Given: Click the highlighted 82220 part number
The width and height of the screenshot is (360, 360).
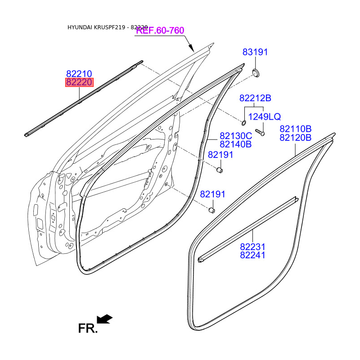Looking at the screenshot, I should point(79,82).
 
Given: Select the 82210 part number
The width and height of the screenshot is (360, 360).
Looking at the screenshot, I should point(79,74).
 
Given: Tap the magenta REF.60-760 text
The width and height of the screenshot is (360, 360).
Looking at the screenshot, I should point(160,31).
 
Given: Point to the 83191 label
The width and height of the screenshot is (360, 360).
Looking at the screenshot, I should point(255,52).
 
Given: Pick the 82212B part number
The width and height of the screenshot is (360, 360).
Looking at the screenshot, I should point(255,98).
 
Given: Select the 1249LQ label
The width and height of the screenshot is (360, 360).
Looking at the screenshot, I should point(265,117).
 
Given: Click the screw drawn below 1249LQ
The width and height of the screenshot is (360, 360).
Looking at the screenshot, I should point(259,132).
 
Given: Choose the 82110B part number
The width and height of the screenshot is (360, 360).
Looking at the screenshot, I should point(295,129).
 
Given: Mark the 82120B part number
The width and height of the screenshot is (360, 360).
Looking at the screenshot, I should point(295,138).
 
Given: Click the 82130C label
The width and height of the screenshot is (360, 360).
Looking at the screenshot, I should point(235,136).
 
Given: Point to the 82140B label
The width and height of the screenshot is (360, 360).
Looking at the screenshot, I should point(235,144).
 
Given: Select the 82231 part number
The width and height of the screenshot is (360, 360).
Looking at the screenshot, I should point(252,247).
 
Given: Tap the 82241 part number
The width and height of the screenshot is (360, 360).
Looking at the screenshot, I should point(252,255).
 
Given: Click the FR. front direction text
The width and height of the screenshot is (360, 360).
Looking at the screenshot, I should point(88,328).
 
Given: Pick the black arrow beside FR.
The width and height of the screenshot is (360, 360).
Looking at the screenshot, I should point(105,319).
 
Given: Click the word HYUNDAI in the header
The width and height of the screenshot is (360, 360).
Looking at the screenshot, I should point(80,27).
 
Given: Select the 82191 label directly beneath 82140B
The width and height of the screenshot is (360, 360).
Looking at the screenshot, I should point(220,155).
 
